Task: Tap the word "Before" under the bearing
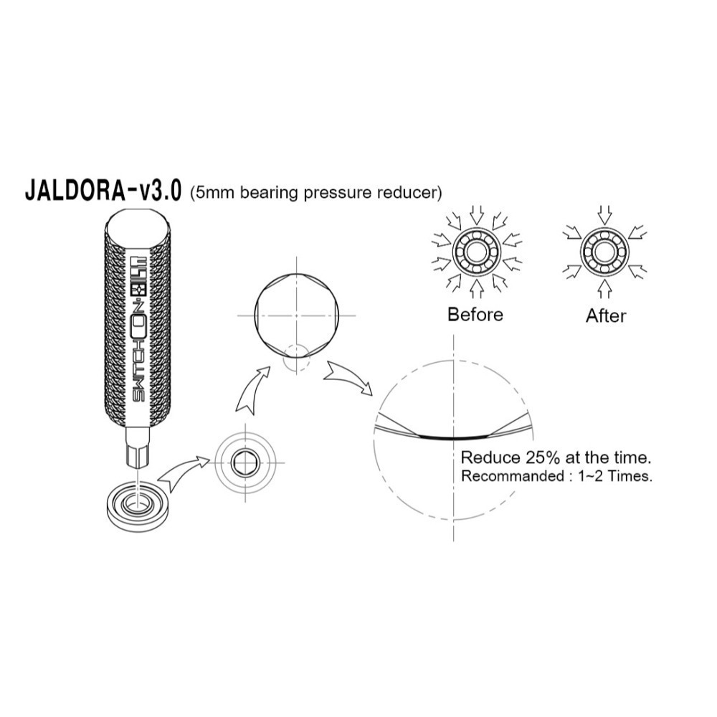(475, 314)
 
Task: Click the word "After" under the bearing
(606, 315)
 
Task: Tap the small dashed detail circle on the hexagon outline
(295, 356)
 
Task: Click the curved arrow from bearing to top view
(181, 474)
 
